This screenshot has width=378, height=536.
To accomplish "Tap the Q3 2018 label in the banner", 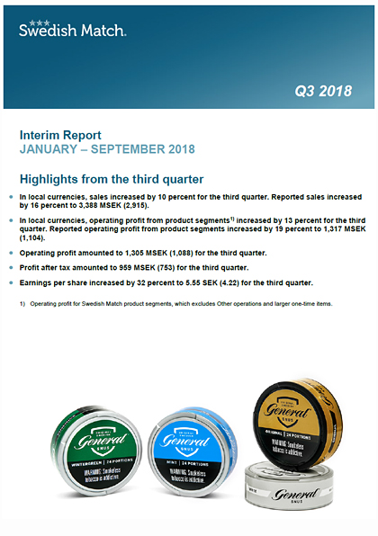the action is click(323, 90).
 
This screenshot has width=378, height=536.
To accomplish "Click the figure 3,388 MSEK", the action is click(132, 205).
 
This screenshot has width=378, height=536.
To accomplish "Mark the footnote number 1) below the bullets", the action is click(22, 304).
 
